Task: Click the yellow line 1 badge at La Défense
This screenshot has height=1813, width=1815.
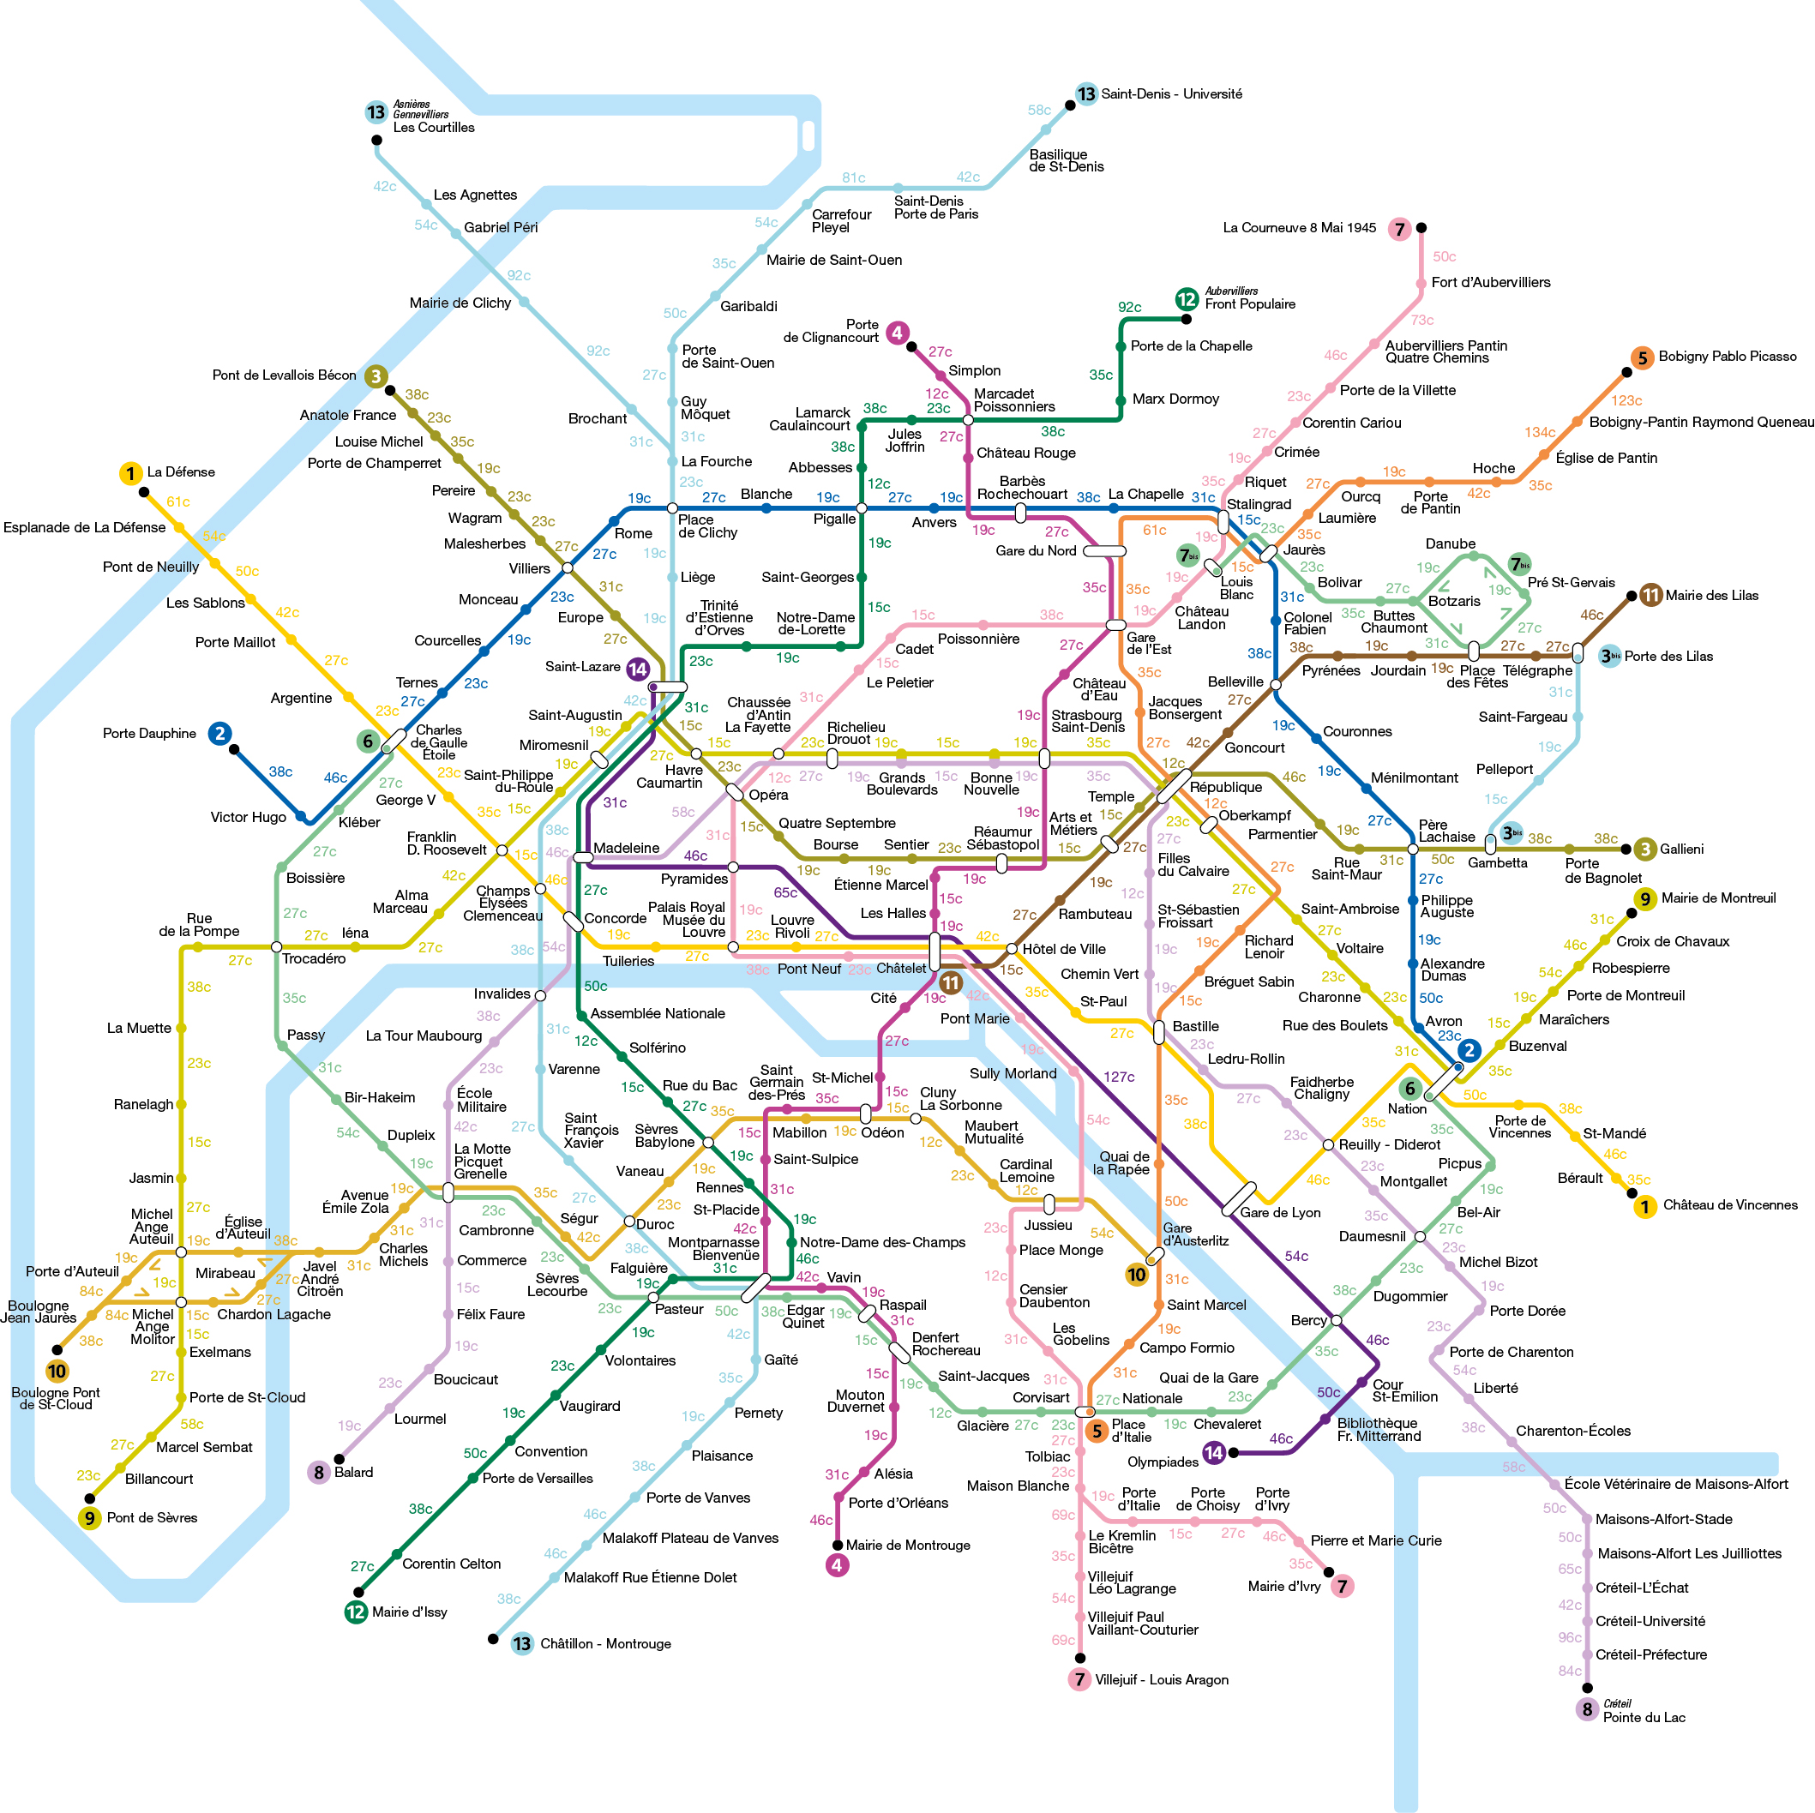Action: pyautogui.click(x=130, y=473)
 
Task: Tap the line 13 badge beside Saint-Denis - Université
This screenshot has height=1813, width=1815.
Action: pyautogui.click(x=1086, y=94)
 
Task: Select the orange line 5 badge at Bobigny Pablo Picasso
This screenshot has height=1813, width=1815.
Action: pyautogui.click(x=1642, y=357)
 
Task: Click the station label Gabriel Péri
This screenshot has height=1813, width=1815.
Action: pyautogui.click(x=501, y=227)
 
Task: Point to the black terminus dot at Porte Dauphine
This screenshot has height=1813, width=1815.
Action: pyautogui.click(x=234, y=749)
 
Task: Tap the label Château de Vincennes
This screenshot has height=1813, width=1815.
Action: pyautogui.click(x=1729, y=1205)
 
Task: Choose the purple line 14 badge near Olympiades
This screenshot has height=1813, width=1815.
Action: pyautogui.click(x=1214, y=1452)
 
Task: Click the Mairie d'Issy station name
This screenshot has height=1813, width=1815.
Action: pyautogui.click(x=410, y=1612)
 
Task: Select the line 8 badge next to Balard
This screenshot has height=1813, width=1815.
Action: pyautogui.click(x=318, y=1472)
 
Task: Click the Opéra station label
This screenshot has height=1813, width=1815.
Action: pyautogui.click(x=768, y=795)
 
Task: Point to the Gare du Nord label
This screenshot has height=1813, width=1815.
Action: pyautogui.click(x=1036, y=550)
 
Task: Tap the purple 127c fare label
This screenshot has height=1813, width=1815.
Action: pyautogui.click(x=1119, y=1077)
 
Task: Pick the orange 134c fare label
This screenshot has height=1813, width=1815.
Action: pyautogui.click(x=1540, y=432)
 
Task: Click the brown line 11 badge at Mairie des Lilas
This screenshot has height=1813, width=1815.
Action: pyautogui.click(x=1650, y=595)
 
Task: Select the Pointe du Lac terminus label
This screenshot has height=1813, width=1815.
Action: pyautogui.click(x=1644, y=1717)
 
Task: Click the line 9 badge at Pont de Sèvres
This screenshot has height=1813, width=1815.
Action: pyautogui.click(x=89, y=1518)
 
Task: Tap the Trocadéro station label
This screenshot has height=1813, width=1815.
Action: pyautogui.click(x=314, y=959)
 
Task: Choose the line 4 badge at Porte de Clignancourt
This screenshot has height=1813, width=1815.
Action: pyautogui.click(x=897, y=332)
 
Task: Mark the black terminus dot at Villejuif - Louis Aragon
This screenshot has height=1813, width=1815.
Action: pyautogui.click(x=1079, y=1658)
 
